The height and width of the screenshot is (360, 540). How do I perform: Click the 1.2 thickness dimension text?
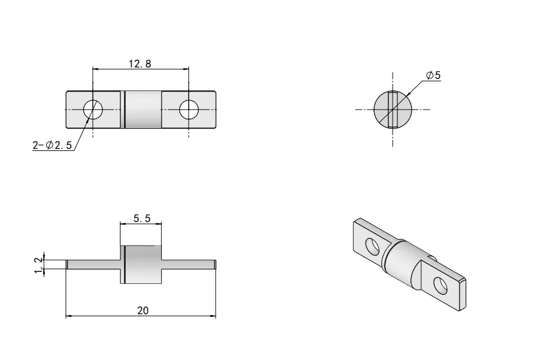(39, 264)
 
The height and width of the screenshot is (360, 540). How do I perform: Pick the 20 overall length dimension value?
(142, 310)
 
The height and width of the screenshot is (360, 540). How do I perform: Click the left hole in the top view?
(93, 109)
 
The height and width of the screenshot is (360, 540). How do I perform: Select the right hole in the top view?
(189, 109)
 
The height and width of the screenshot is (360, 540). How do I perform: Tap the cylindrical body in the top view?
(143, 109)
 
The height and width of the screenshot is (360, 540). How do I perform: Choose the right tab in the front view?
(189, 264)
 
